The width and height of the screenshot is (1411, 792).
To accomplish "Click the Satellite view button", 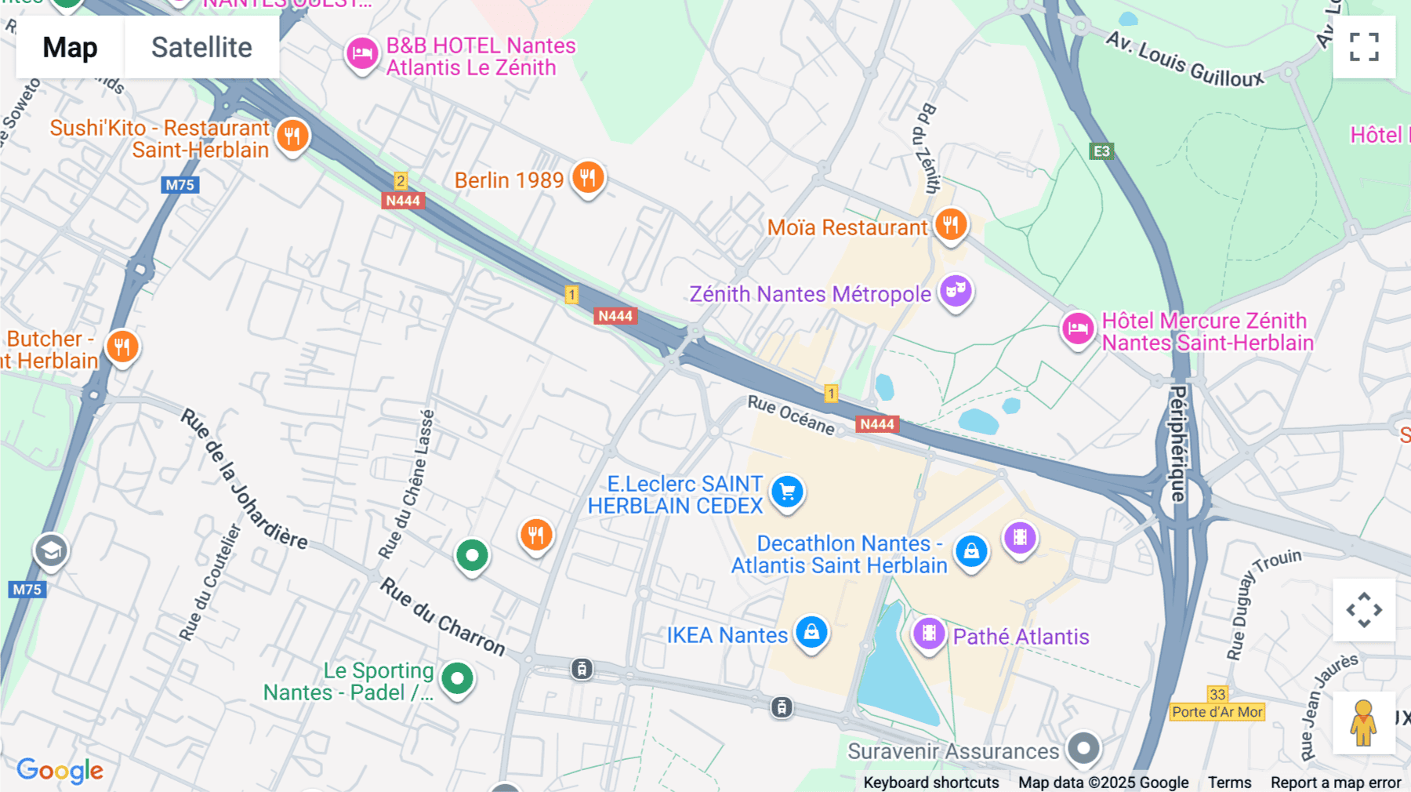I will click(x=201, y=47).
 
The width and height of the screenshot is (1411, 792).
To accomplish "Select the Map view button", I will click(x=70, y=47).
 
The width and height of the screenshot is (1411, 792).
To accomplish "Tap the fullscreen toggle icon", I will click(x=1364, y=47).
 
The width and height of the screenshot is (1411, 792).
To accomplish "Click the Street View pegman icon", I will click(x=1363, y=723).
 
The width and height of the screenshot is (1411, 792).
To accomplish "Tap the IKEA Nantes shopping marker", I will click(x=811, y=632).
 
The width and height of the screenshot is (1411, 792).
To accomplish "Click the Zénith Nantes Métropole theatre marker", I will click(x=955, y=292).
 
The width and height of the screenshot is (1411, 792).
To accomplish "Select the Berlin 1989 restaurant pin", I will click(x=587, y=178).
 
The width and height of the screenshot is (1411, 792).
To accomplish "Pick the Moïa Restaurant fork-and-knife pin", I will click(x=950, y=225).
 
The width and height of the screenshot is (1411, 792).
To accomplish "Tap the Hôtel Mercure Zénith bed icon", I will click(x=1078, y=329).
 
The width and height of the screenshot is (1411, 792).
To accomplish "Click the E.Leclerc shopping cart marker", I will click(x=787, y=492).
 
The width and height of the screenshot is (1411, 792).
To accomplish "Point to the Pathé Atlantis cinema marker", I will click(x=929, y=633).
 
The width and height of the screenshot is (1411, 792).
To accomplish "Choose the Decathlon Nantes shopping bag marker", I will click(x=971, y=551).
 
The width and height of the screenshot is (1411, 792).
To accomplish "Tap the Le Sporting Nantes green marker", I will click(x=457, y=678).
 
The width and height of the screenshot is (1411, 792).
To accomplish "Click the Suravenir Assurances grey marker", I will click(x=1083, y=749).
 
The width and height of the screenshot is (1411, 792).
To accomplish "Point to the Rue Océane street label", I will click(x=790, y=415).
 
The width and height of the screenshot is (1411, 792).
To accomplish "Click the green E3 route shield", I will click(x=1101, y=151).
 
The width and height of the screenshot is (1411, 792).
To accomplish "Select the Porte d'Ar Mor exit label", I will click(x=1217, y=712).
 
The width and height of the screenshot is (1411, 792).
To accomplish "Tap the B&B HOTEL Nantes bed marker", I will click(x=362, y=54).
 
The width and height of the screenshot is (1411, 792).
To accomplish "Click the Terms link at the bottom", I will click(x=1229, y=783).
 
